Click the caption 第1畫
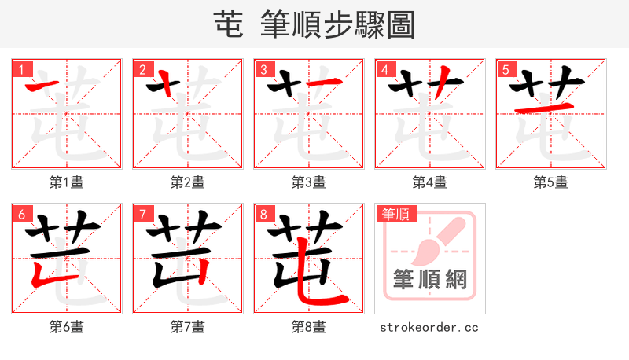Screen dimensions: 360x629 [67, 182]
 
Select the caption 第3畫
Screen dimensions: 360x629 [309, 182]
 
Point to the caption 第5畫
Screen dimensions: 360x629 [551, 182]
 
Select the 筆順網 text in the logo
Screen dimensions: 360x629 [429, 279]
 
